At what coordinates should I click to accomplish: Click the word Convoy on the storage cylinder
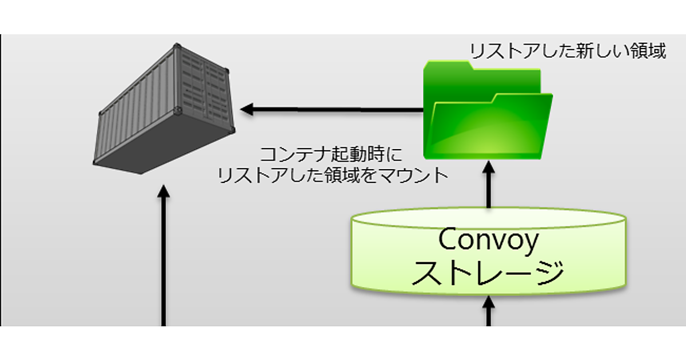(488, 240)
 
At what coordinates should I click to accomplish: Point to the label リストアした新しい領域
(567, 51)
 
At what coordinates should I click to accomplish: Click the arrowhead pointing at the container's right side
(246, 109)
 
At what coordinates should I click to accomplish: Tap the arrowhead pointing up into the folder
(489, 167)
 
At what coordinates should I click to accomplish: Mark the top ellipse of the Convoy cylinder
(488, 218)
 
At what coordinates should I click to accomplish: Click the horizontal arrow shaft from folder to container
(337, 109)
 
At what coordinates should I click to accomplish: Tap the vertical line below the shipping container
(164, 263)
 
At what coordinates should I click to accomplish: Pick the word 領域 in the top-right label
(645, 51)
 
